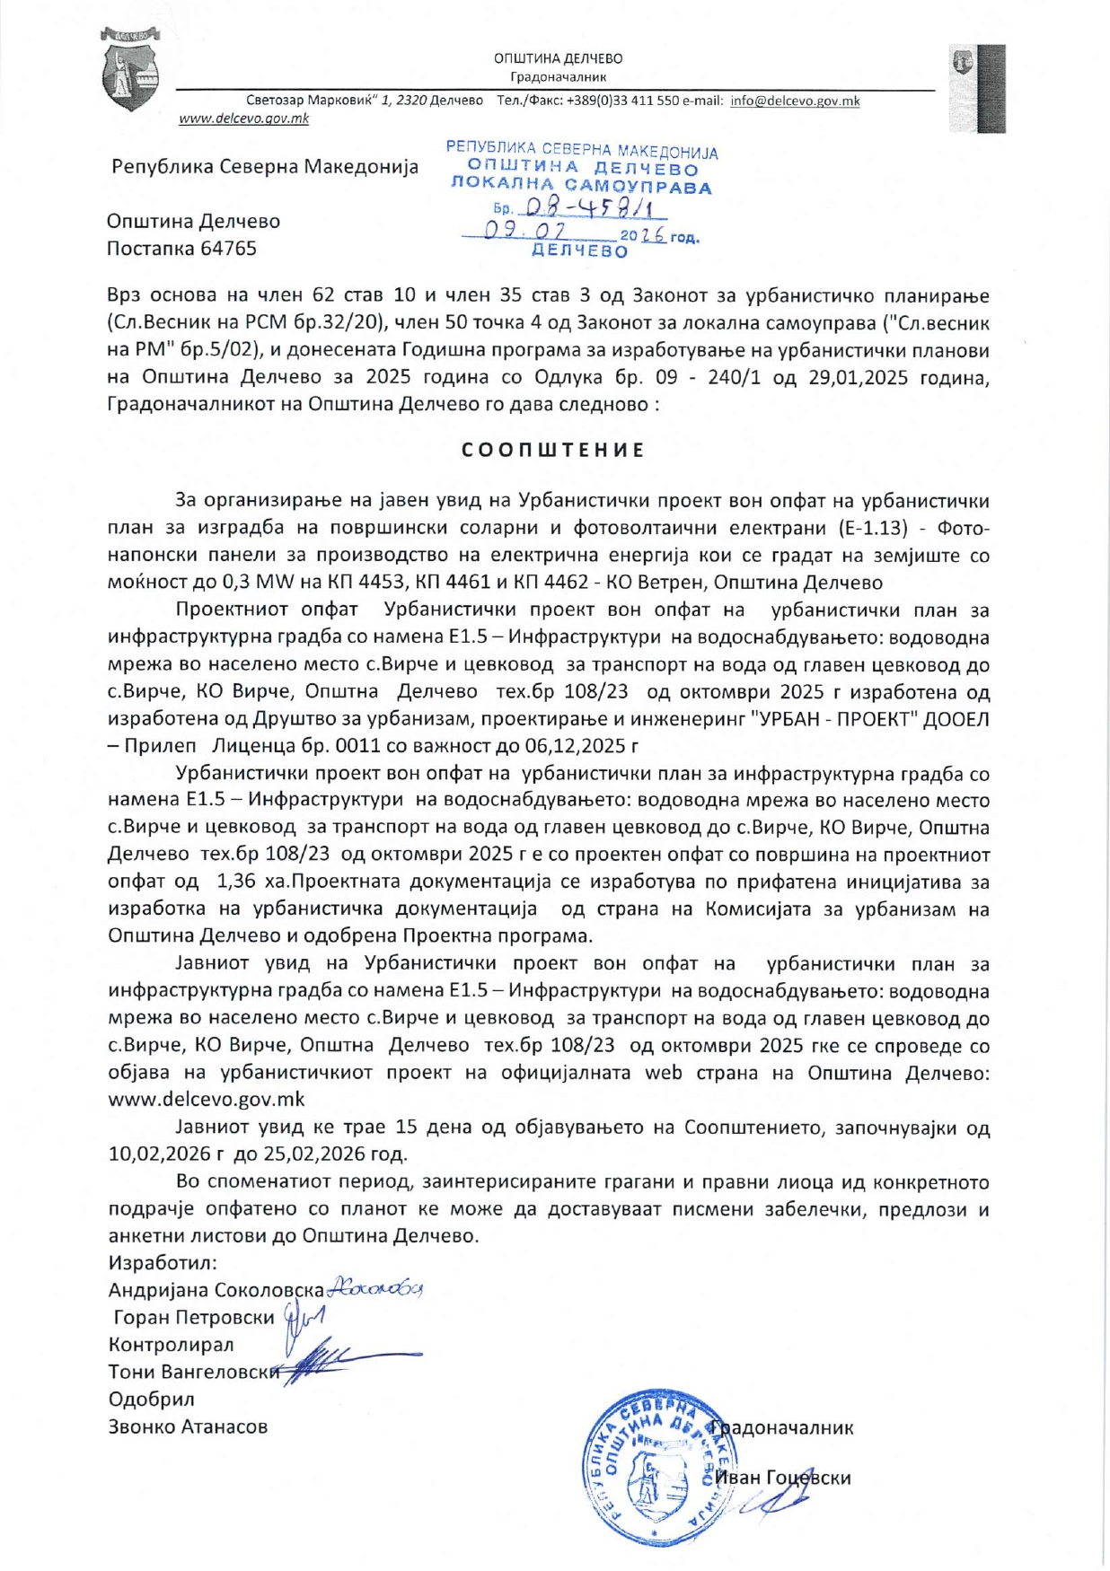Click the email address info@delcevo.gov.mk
(795, 101)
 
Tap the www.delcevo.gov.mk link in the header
(243, 118)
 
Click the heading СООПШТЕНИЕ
(553, 450)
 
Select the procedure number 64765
(228, 249)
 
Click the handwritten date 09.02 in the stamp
(517, 233)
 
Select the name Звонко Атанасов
(188, 1426)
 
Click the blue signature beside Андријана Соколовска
(374, 1288)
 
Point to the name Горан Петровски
(194, 1318)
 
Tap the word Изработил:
(163, 1263)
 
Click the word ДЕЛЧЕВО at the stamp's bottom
(580, 251)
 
